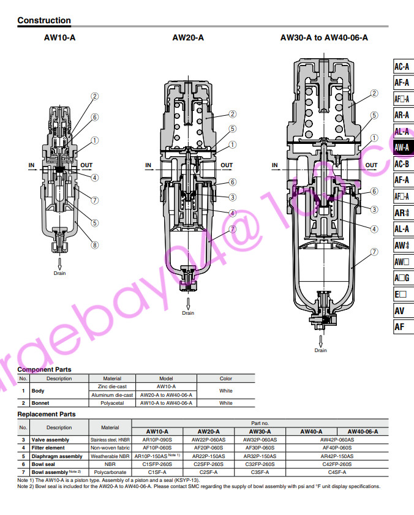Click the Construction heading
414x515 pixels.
[44, 20]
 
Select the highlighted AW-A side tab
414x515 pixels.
[402, 148]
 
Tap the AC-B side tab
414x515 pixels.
[402, 164]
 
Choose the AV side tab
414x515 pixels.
[399, 310]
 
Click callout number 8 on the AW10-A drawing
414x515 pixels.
[95, 246]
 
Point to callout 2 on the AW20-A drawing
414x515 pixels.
[233, 114]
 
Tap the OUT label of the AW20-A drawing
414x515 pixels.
[227, 165]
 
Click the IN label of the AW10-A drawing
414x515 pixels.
[32, 165]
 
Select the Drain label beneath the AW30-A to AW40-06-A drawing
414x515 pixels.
[321, 350]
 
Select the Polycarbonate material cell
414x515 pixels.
[110, 472]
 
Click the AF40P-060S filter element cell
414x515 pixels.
[337, 448]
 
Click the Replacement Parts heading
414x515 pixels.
[47, 414]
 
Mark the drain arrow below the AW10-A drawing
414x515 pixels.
[60, 263]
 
